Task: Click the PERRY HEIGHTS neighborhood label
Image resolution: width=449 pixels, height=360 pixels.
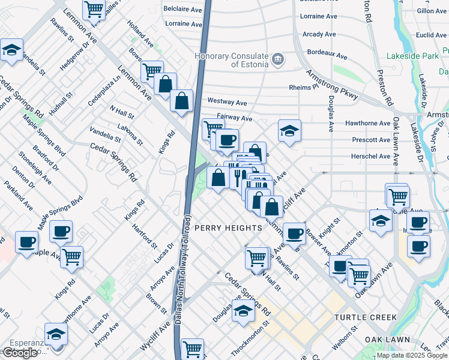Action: [x=229, y=228]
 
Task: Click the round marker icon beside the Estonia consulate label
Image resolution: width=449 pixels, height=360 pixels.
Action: [x=277, y=59]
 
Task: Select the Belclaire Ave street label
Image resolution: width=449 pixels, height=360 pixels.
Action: [x=183, y=10]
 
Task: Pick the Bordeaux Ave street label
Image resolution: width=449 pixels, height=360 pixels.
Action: [x=325, y=56]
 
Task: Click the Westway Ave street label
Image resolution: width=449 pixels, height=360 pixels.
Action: [x=228, y=103]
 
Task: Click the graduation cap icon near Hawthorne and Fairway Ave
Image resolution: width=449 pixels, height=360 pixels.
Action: [x=289, y=131]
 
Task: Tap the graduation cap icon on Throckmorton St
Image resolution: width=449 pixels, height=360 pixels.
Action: [x=243, y=311]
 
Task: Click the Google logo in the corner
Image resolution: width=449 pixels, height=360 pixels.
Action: [x=20, y=353]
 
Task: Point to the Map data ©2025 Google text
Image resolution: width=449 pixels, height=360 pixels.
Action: [x=412, y=355]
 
